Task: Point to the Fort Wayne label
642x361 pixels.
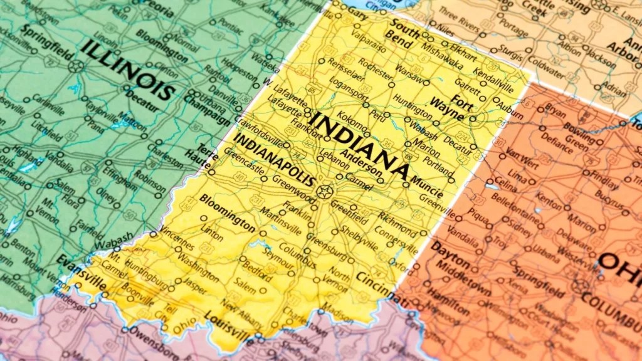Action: pyautogui.click(x=457, y=107)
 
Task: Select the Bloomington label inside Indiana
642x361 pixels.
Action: pyautogui.click(x=228, y=210)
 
